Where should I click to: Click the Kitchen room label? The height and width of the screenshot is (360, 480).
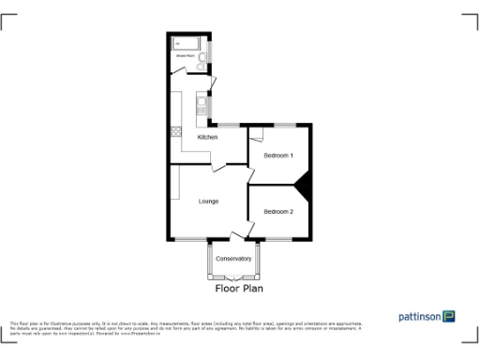click(x=207, y=138)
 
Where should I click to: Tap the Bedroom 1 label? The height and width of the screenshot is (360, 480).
click(x=278, y=155)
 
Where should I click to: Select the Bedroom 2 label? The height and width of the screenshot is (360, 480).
click(x=278, y=211)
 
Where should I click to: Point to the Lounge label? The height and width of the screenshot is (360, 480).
click(x=208, y=201)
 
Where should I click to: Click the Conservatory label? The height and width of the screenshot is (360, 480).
click(x=233, y=259)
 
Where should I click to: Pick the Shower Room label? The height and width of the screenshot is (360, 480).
click(x=184, y=56)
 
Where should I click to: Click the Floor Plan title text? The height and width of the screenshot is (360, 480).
click(x=239, y=290)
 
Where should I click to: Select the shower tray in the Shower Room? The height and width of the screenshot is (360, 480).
click(x=183, y=43)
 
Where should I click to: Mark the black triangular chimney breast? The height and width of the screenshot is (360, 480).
click(x=303, y=184)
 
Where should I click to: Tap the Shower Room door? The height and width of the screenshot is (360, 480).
click(x=210, y=84)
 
